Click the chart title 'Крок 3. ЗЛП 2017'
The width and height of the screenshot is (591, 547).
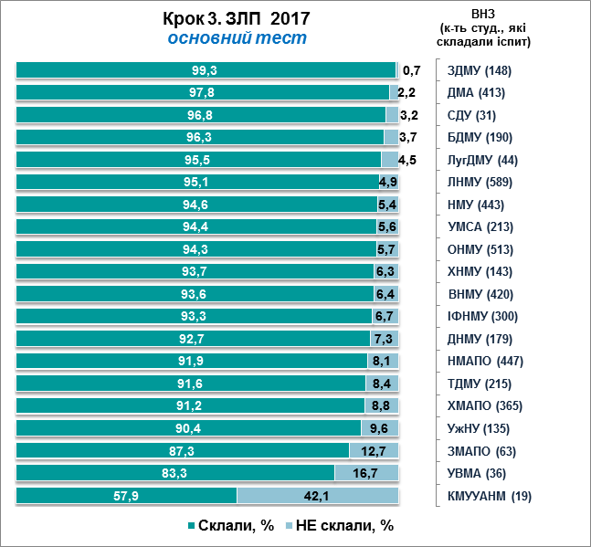click(x=237, y=18)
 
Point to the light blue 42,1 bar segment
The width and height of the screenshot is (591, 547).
click(x=317, y=496)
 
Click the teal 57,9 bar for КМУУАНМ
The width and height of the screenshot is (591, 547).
click(x=127, y=496)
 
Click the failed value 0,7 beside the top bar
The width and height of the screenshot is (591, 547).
click(x=411, y=70)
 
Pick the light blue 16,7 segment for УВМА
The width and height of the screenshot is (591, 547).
click(x=366, y=473)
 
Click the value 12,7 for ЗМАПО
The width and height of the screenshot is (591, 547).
click(x=374, y=451)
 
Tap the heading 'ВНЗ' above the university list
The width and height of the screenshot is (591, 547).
click(x=484, y=14)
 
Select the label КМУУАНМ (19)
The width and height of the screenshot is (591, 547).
click(x=489, y=496)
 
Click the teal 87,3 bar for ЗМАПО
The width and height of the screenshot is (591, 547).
click(x=183, y=451)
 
